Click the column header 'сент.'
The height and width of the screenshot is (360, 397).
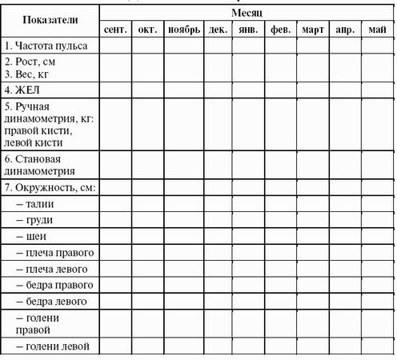coord(116,30)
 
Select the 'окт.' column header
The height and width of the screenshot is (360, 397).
coord(147,30)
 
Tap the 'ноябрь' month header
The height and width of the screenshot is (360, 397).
coord(183,30)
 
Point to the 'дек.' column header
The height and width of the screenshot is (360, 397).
coord(217,30)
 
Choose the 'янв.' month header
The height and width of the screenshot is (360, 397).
coord(248,30)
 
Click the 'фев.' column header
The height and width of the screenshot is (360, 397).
coord(280,30)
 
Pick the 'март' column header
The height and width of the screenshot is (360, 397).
coord(312,30)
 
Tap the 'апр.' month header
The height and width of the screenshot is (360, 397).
coord(345,30)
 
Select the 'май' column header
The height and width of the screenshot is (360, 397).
coord(377,30)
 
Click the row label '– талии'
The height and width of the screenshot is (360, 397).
coord(35,204)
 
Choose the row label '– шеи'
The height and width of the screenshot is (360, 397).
coord(32,237)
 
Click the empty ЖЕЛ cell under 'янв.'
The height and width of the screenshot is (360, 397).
coord(248,90)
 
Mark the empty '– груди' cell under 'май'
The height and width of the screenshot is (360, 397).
coord(377,220)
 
